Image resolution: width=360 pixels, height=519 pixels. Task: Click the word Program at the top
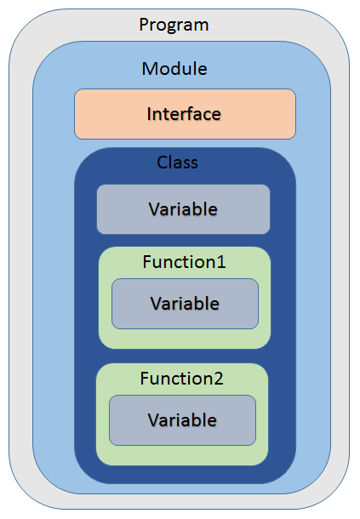[x=174, y=26]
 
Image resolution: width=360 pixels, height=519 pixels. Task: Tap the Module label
[x=174, y=69]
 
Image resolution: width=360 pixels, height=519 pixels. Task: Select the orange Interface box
[x=186, y=114]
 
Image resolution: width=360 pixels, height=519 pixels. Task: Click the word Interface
[x=184, y=114]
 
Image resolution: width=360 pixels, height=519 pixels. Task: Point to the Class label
[x=177, y=163]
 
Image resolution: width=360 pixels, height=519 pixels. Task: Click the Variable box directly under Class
[x=184, y=209]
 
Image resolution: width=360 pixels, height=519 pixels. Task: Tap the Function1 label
[x=184, y=262]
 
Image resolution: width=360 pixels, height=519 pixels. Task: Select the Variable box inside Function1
[x=186, y=304]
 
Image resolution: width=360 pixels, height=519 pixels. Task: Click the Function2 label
[x=182, y=379]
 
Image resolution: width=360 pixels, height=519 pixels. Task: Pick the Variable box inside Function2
[x=182, y=420]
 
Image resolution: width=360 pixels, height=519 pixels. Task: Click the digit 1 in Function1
[x=221, y=262]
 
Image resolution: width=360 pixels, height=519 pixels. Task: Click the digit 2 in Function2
[x=219, y=379]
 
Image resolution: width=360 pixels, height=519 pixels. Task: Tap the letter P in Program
[x=143, y=25]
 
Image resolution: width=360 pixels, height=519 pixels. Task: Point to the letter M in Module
[x=149, y=69]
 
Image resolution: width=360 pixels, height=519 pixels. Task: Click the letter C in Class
[x=162, y=163]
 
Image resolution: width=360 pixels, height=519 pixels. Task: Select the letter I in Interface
[x=149, y=114]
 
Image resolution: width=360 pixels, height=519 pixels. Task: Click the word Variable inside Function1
[x=185, y=304]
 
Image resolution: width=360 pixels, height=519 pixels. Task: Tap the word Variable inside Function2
[x=182, y=420]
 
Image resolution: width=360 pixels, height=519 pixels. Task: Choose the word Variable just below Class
[x=183, y=209]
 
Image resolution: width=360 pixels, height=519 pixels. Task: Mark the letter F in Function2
[x=145, y=379]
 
